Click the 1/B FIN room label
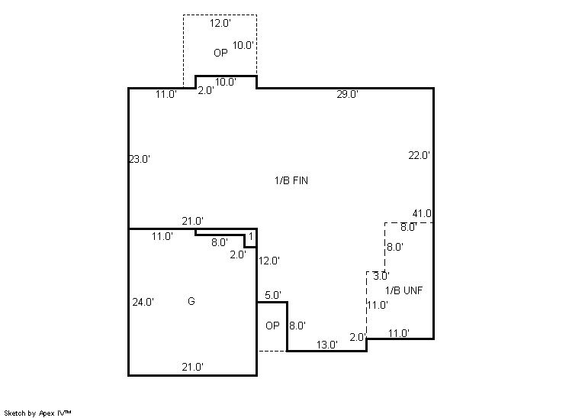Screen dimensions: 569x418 tap(291, 180)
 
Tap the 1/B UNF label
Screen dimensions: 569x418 tap(403, 290)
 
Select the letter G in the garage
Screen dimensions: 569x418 tap(191, 301)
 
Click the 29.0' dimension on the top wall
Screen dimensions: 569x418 tap(347, 94)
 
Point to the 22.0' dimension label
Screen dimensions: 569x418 tap(420, 155)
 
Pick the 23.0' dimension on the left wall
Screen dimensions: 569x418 tap(140, 159)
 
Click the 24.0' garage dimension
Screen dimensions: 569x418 tap(143, 302)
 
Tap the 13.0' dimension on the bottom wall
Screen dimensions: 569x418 tap(327, 345)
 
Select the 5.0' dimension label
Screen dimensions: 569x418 tap(273, 295)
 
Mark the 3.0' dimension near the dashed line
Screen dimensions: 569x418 tap(381, 276)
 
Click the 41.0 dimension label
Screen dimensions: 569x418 tap(422, 213)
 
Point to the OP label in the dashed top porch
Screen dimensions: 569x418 tap(220, 53)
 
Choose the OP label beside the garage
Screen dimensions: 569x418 tap(272, 326)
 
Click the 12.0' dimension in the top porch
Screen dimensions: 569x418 tap(220, 23)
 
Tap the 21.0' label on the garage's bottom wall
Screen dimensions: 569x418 tap(192, 367)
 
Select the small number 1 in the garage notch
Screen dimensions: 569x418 tap(251, 237)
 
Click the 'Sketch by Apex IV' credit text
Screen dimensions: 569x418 tap(37, 413)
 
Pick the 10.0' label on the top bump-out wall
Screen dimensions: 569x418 tap(226, 82)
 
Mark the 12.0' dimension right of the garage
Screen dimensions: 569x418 tap(269, 261)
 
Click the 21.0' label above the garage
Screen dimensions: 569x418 tap(193, 221)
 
